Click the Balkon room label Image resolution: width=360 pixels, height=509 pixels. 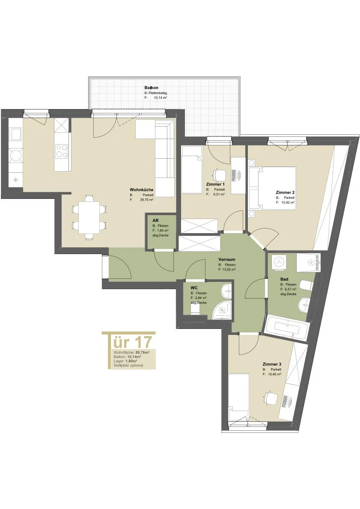coord(152,88)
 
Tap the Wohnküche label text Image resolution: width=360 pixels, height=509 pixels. coord(141,189)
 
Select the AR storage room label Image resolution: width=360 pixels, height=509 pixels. coord(155,220)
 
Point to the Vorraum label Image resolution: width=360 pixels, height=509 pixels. coord(227,259)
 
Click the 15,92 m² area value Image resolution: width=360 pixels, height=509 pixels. coord(288,202)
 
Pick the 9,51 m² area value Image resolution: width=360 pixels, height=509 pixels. coord(219,195)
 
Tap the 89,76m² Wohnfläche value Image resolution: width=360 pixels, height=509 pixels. coord(142,352)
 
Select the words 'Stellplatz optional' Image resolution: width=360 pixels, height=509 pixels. coord(128,365)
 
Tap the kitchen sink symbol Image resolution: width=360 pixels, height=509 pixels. coord(15,134)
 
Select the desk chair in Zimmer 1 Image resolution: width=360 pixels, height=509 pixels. coord(219,175)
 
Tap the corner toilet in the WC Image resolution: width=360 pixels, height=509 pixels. coord(222,310)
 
